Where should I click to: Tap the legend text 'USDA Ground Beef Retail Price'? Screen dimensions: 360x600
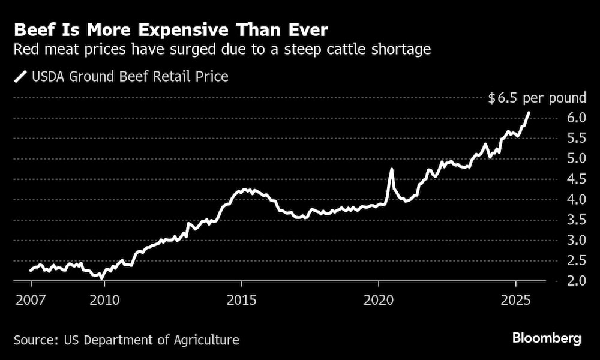point(130,77)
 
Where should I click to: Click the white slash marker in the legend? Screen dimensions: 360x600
point(22,77)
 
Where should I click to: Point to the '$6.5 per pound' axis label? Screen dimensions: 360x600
point(536,98)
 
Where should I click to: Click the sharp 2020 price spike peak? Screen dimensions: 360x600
point(391,169)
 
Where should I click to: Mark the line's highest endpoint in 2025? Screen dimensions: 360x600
point(529,112)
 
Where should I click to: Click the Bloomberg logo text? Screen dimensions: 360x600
point(547,338)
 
